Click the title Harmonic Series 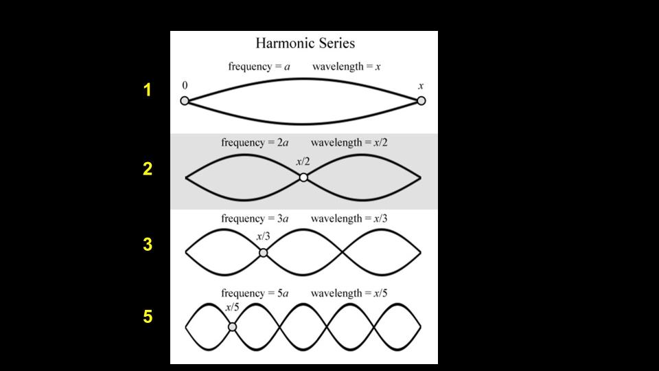pos(305,43)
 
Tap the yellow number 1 pos(147,90)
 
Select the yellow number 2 pos(148,169)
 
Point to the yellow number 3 pos(148,245)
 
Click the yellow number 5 pos(148,316)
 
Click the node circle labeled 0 pos(185,101)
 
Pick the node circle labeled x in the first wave pos(421,101)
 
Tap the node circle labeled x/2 pos(303,177)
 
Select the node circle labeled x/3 pos(263,253)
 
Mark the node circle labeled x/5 pos(232,327)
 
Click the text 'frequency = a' pos(259,67)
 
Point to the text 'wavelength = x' pos(346,67)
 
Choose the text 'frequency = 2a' pos(255,143)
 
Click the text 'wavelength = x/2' pos(349,143)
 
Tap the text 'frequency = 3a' pos(255,218)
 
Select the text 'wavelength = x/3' pos(349,218)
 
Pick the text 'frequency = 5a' pos(255,293)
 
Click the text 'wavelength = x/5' pos(349,293)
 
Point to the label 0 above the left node pos(185,85)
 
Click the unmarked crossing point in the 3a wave pos(343,253)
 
